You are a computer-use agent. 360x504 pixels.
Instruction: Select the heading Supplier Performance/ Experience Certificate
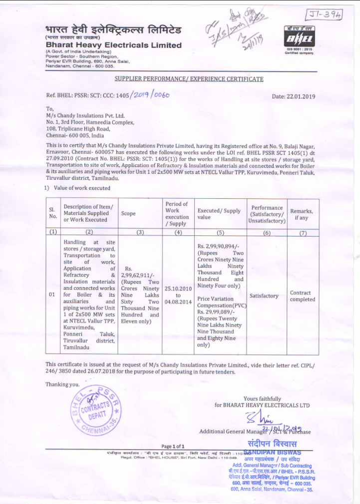coord(189,79)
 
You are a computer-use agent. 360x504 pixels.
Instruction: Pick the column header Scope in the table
coord(128,213)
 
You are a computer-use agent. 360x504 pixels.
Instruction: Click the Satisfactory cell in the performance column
coord(264,296)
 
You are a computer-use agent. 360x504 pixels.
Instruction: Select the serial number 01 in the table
coord(52,295)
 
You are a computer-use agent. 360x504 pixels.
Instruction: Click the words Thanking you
coord(62,384)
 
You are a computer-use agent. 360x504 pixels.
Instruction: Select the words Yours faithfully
coord(262,398)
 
